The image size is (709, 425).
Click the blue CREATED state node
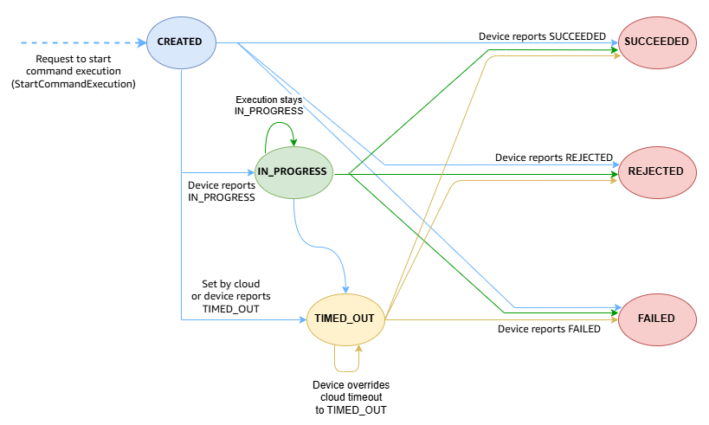[180, 42]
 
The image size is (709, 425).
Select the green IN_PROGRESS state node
[293, 172]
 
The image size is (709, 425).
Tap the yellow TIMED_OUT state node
[345, 319]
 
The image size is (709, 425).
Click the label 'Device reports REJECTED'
[553, 158]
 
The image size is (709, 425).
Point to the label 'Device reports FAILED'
[549, 329]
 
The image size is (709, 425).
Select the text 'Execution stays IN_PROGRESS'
[269, 106]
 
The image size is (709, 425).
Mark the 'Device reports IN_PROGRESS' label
[222, 191]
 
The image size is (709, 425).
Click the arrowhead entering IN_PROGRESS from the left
[251, 172]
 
